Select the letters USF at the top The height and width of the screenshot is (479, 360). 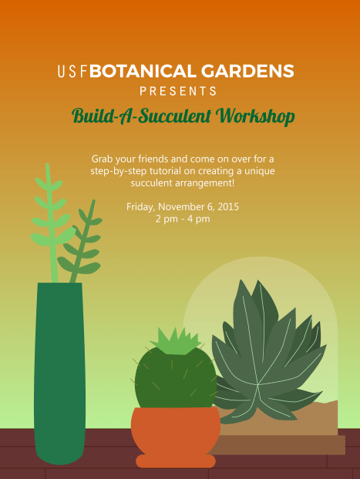(72, 72)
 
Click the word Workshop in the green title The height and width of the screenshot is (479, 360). (256, 116)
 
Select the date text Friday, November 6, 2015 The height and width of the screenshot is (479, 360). (183, 206)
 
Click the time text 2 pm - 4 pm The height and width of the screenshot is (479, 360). (183, 219)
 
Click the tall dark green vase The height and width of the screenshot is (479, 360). (59, 370)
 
